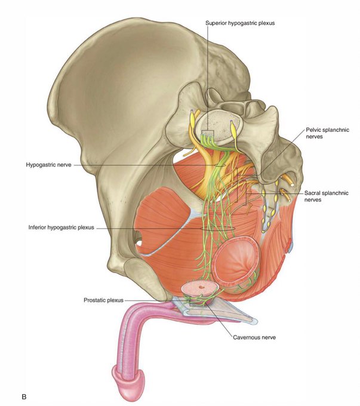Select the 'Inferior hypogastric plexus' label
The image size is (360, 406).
(x=61, y=227)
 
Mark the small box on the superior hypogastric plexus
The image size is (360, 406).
(x=207, y=133)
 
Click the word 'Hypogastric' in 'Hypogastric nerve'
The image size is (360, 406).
(x=41, y=165)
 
